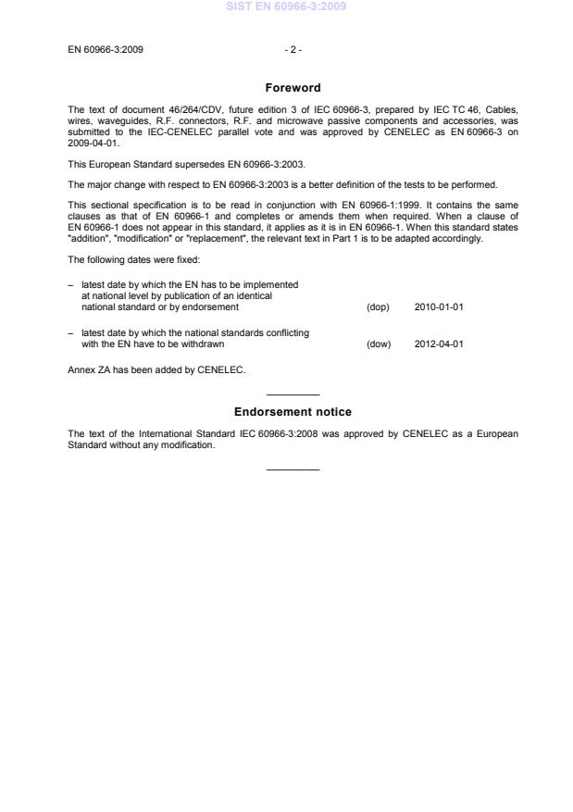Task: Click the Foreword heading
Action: [293, 88]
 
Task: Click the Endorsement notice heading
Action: [293, 411]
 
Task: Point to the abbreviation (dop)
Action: [378, 306]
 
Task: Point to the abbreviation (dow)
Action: [379, 344]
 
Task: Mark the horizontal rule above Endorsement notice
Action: [293, 395]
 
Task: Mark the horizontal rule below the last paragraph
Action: [293, 469]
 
